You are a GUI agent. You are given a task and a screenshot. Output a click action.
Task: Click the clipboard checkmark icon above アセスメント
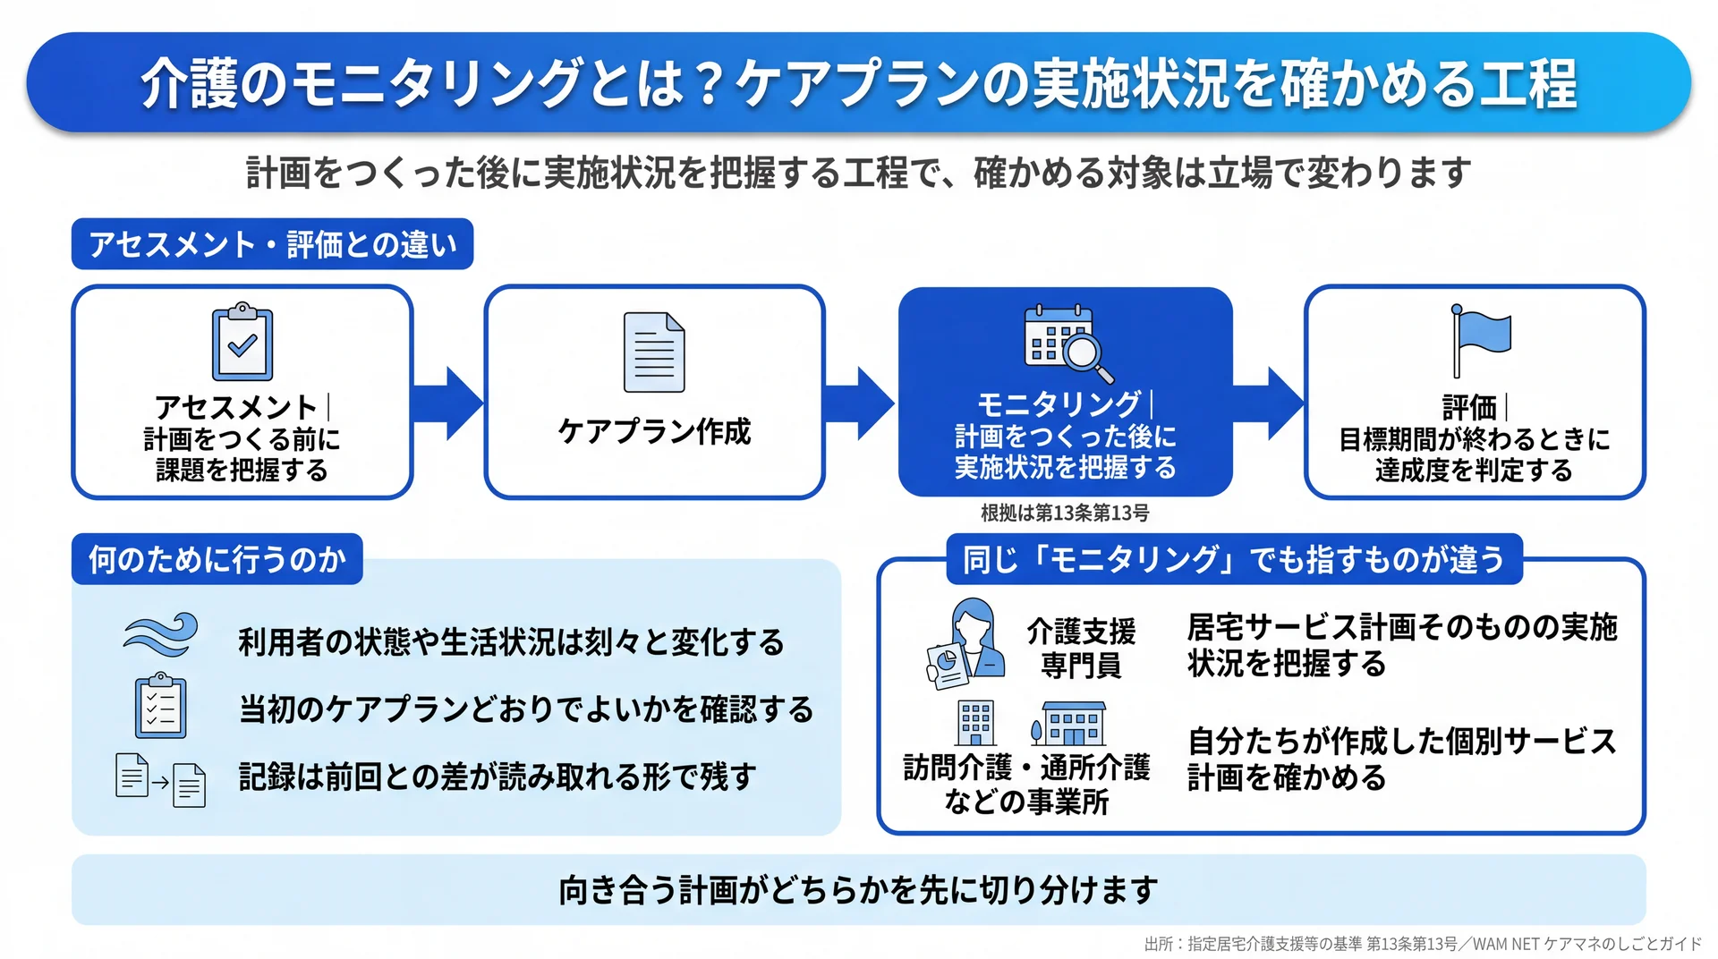pos(242,343)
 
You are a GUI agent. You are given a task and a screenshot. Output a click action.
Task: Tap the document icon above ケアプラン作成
pos(654,352)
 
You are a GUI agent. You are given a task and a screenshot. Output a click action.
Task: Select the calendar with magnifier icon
pos(1068,344)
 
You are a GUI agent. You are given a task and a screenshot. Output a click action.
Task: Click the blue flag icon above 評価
pos(1481,341)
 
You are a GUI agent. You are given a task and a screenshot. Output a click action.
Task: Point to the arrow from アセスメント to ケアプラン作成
pos(447,403)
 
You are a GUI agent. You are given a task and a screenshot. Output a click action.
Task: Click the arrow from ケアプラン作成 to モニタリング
pos(859,403)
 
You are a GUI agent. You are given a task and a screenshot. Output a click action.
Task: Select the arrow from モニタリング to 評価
pos(1268,403)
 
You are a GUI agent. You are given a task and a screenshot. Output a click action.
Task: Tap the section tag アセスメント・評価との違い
pos(272,244)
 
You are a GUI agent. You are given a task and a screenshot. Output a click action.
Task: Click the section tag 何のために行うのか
pos(217,559)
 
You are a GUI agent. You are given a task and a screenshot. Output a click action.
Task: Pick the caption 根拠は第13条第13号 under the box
pos(1065,513)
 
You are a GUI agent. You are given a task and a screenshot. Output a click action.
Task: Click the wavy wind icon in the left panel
pos(160,635)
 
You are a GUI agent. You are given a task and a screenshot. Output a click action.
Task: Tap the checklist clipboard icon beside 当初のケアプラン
pos(160,705)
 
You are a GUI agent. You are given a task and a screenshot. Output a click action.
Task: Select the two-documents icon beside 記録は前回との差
pos(161,780)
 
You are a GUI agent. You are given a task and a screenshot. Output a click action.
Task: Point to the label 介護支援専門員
pos(1081,648)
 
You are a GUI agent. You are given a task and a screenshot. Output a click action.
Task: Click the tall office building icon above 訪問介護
pos(975,723)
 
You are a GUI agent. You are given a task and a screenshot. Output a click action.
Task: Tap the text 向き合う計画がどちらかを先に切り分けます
pos(859,890)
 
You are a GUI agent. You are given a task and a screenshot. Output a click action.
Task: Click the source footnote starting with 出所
pos(1423,944)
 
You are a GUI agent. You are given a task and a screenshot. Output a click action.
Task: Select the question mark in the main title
pos(709,84)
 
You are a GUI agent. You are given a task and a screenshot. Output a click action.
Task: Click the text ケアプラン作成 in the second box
pos(654,431)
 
